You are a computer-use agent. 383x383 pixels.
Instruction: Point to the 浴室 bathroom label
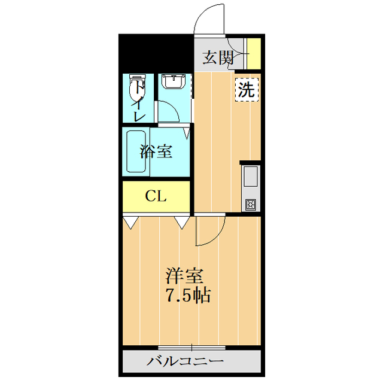(x=156, y=151)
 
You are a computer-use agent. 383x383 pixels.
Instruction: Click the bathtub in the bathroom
(x=136, y=152)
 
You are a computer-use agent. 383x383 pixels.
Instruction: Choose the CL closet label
(x=156, y=196)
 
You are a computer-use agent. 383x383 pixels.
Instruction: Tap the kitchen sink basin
(x=250, y=177)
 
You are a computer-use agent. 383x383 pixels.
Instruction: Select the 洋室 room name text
(x=185, y=276)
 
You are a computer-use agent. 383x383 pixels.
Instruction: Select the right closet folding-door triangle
(x=181, y=222)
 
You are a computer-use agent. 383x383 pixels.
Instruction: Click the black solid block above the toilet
(x=156, y=53)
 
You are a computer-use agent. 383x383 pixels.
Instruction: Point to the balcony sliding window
(x=191, y=348)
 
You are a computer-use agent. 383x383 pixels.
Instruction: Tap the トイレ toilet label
(x=139, y=102)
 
